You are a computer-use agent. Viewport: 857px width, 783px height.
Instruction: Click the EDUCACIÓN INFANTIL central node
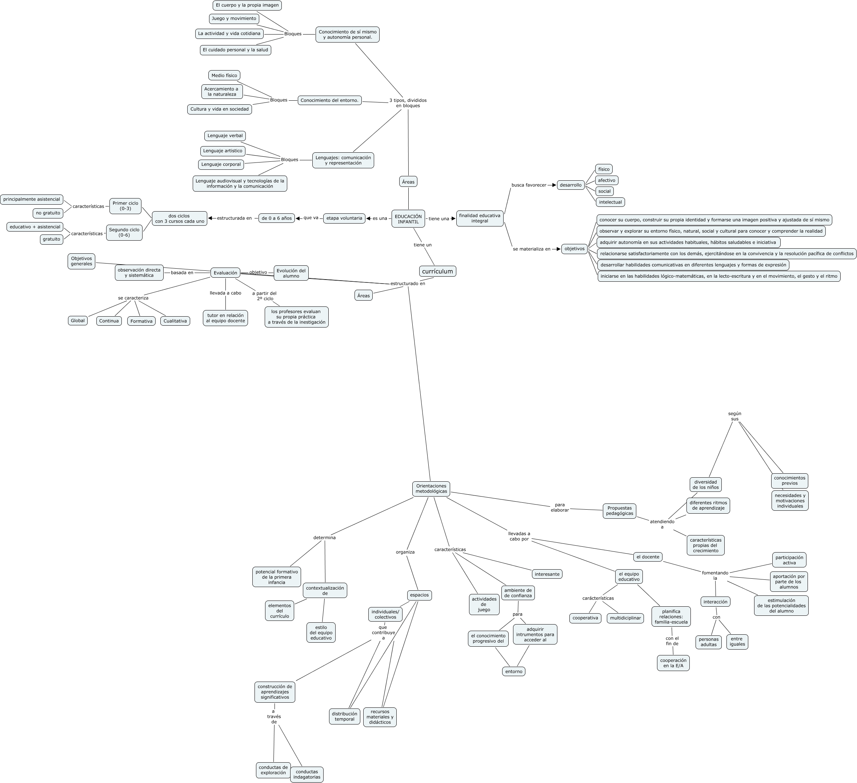(x=408, y=219)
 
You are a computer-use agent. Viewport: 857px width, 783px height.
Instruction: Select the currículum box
(x=437, y=271)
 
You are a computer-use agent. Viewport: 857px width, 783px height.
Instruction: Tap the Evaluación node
(x=225, y=273)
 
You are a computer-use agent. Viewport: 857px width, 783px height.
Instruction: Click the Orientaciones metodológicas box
(x=431, y=489)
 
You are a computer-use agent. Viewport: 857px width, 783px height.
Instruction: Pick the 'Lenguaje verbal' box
(x=225, y=136)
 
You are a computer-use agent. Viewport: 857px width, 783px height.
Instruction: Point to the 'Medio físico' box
(x=224, y=75)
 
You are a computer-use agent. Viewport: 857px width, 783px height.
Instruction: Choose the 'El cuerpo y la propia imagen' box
(x=247, y=5)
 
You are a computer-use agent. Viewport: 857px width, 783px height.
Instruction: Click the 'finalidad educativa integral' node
(x=480, y=218)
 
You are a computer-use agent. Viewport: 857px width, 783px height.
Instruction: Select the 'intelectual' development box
(x=610, y=202)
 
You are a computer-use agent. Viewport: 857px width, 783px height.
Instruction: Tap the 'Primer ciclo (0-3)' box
(x=125, y=206)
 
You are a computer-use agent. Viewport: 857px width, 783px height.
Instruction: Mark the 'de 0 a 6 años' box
(x=276, y=218)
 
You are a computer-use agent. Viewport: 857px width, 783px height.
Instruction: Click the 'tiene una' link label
(x=439, y=218)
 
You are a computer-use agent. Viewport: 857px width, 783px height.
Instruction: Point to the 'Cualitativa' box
(x=175, y=321)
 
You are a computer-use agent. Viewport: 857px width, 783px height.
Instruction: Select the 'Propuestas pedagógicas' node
(x=619, y=510)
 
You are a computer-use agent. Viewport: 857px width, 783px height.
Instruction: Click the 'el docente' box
(x=648, y=557)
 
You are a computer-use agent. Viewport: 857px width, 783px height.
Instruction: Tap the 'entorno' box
(x=513, y=671)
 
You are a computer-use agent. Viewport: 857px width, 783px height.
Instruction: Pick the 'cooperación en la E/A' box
(x=673, y=663)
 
